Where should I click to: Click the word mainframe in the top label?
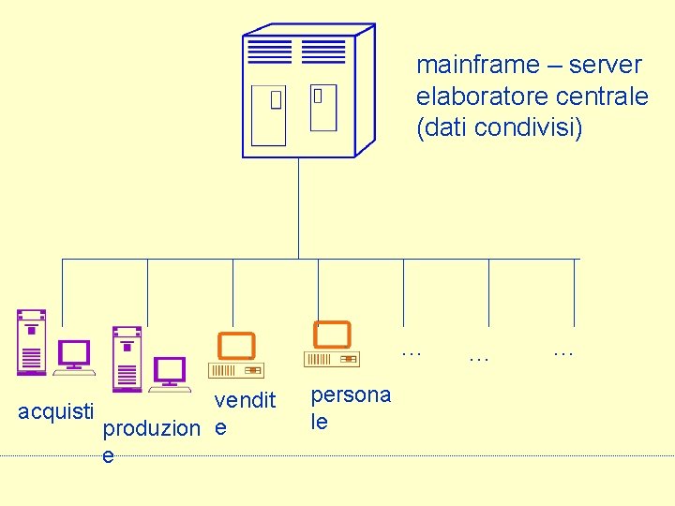(477, 65)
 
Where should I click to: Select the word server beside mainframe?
(606, 65)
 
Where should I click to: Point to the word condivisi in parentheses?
(528, 126)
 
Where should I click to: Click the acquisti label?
(56, 410)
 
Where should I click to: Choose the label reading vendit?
(245, 401)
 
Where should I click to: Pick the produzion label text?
(151, 428)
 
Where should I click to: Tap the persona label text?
(351, 394)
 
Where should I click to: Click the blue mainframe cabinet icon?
(307, 91)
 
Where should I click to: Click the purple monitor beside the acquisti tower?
(74, 357)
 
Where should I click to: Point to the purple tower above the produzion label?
(127, 358)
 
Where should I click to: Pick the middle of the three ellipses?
(479, 357)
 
